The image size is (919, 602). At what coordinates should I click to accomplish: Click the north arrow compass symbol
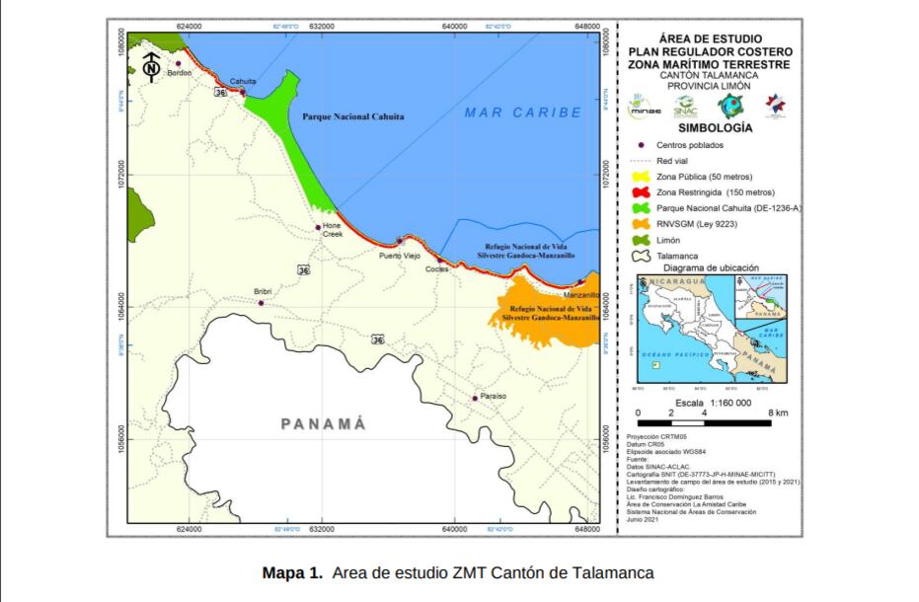[151, 66]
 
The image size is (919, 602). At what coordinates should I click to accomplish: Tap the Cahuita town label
[243, 81]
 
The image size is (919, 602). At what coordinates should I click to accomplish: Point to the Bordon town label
[180, 73]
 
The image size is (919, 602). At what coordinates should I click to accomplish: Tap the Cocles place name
[436, 268]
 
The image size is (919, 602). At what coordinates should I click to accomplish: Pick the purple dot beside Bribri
[261, 303]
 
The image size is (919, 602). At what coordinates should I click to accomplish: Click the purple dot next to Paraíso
[475, 399]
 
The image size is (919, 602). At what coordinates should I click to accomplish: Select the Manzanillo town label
[579, 295]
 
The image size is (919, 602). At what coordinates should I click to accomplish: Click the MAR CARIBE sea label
[522, 113]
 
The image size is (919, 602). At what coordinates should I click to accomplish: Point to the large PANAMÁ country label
[323, 424]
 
